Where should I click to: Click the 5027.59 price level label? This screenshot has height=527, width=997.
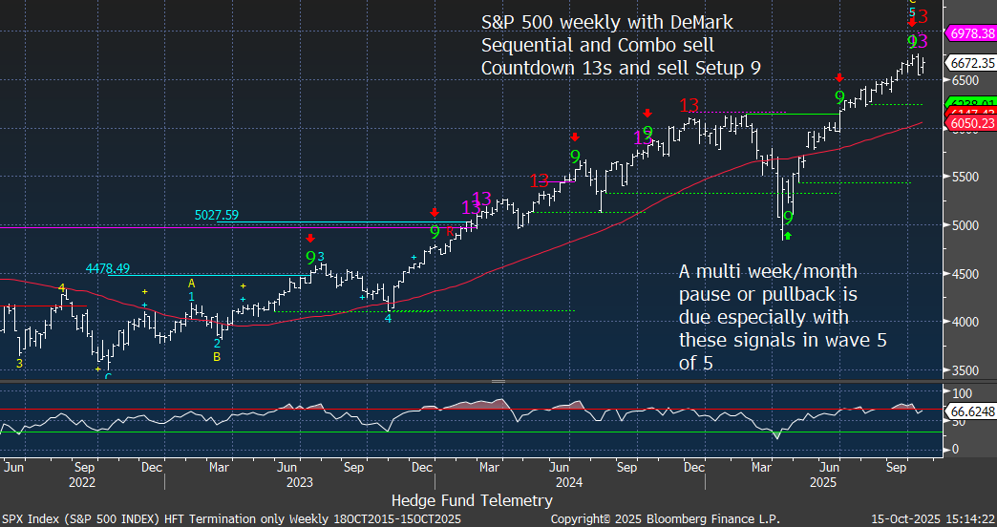pos(218,216)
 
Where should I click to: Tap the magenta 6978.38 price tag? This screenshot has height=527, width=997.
pos(970,33)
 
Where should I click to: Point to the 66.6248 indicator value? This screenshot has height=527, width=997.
pos(970,412)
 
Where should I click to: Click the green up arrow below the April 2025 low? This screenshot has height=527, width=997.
pos(788,234)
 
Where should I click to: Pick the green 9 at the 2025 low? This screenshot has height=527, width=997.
pos(788,219)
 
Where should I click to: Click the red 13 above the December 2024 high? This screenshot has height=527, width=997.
pos(689,105)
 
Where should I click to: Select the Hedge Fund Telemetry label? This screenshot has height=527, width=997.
pos(472,500)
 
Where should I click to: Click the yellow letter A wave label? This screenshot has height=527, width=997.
pos(191,284)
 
